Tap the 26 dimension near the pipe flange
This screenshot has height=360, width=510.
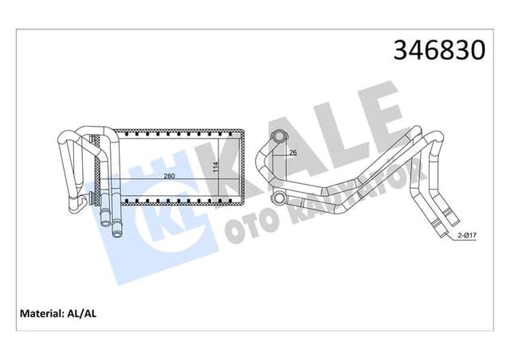[292, 152]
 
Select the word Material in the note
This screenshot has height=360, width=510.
[39, 313]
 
